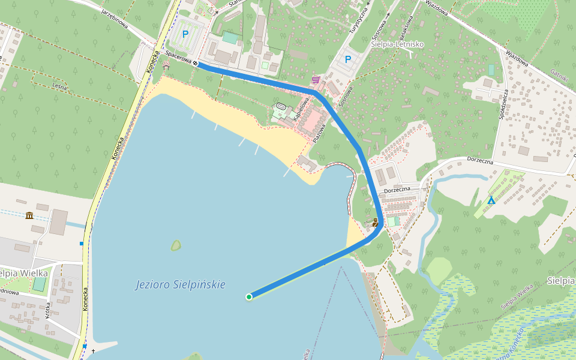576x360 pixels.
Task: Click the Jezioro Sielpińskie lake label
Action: coord(180,284)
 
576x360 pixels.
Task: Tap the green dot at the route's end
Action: coord(248,296)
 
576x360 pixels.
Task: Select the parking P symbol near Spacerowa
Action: coord(185,35)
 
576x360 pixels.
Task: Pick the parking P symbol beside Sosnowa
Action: coord(347,59)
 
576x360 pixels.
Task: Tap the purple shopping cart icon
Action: coord(316,80)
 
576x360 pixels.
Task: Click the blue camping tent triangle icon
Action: coord(491,200)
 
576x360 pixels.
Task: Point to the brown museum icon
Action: coord(29,215)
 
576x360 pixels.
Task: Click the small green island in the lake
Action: coord(176,245)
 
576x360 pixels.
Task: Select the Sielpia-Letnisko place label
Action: coord(397,44)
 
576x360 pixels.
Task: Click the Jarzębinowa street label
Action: coord(115,19)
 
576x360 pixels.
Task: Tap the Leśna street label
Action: coord(59,86)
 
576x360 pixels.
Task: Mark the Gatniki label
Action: coord(558,75)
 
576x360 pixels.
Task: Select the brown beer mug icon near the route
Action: coord(376,221)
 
